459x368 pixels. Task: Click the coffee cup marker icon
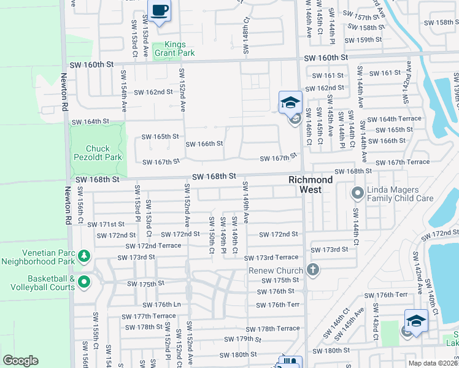coord(160,11)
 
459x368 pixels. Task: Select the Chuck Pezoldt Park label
coord(98,153)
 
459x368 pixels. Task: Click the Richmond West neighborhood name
coord(311,185)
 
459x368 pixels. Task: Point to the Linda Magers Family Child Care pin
coord(357,194)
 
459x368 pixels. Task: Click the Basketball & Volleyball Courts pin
coord(84,282)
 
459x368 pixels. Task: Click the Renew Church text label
coord(276,270)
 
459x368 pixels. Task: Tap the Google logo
coord(21,361)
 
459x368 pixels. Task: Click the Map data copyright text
coord(433,362)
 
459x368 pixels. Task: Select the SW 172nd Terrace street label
coord(153,245)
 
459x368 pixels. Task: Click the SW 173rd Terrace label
coord(271,258)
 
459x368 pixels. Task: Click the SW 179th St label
coord(243,339)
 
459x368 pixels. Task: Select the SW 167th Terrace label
coord(403,162)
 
